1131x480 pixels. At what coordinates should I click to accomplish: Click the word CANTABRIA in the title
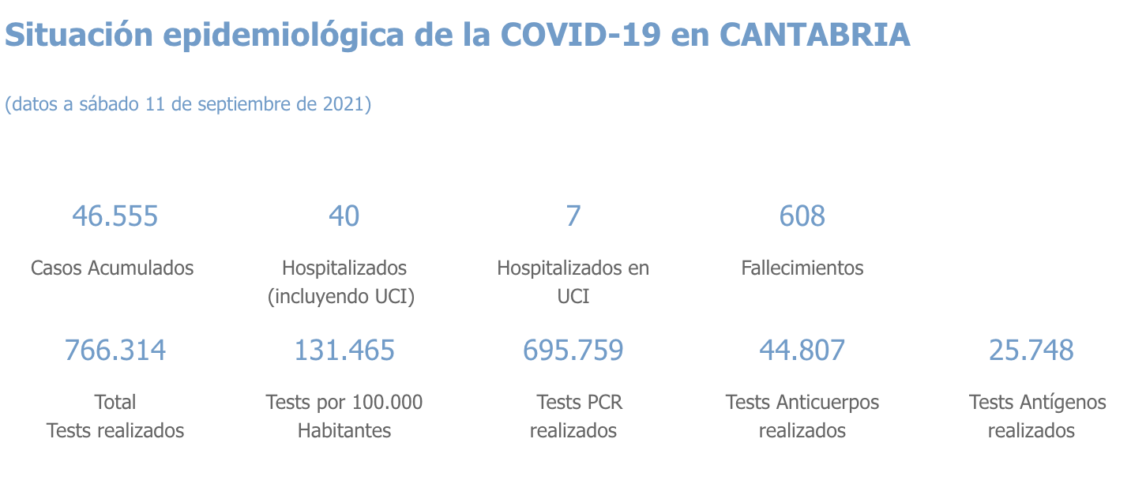tap(815, 35)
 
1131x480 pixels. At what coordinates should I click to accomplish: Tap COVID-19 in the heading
tap(581, 35)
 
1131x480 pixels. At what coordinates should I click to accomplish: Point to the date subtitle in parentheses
tap(188, 104)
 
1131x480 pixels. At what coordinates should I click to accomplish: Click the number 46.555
tap(115, 216)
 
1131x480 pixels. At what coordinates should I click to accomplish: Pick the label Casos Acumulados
tap(112, 268)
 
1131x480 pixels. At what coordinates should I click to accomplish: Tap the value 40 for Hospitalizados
tap(344, 216)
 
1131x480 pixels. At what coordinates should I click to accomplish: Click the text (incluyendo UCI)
tap(341, 297)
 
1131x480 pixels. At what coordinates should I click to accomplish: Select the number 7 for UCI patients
tap(573, 216)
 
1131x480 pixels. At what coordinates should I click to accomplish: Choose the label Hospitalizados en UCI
tap(573, 281)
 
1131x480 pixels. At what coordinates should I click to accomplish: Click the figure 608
tap(802, 216)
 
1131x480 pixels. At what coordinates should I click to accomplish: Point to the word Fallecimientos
tap(802, 268)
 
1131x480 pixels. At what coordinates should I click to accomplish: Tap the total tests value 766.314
tap(115, 350)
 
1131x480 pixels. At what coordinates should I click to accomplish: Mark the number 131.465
tap(344, 350)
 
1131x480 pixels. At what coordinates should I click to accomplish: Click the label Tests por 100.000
tap(344, 402)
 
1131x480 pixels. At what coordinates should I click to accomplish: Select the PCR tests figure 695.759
tap(573, 350)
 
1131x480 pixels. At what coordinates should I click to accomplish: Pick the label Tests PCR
tap(580, 402)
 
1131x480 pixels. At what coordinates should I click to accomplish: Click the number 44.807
tap(802, 350)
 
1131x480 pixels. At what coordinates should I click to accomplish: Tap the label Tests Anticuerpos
tap(802, 402)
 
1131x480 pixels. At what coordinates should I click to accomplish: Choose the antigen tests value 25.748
tap(1031, 350)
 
